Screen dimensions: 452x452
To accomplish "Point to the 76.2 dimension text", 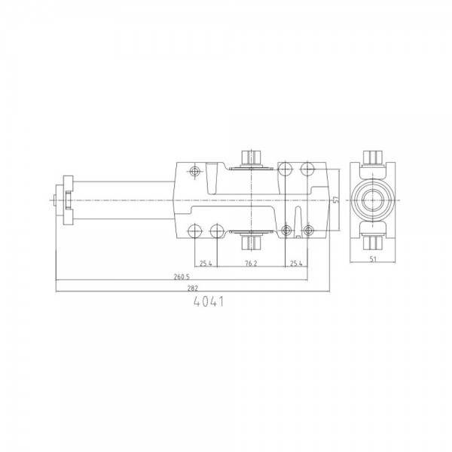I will [250, 264].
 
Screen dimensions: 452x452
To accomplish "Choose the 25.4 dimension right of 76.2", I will [296, 264].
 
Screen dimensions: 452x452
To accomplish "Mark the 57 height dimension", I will [334, 199].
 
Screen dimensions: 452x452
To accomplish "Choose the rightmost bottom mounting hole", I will [308, 230].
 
